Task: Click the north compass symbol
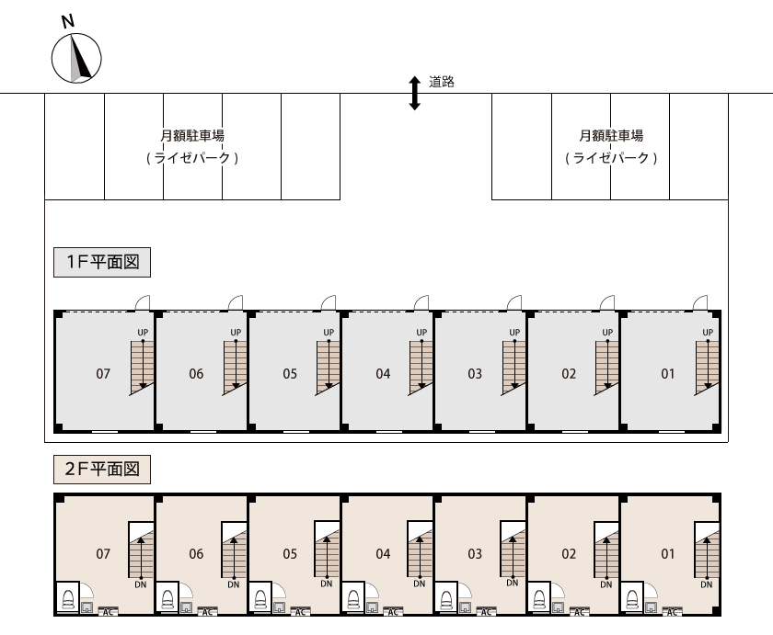pyautogui.click(x=75, y=56)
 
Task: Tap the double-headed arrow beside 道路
pyautogui.click(x=414, y=93)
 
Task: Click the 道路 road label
pyautogui.click(x=442, y=82)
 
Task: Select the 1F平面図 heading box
pyautogui.click(x=101, y=262)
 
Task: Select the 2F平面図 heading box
pyautogui.click(x=101, y=470)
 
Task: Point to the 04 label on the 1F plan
pyautogui.click(x=383, y=374)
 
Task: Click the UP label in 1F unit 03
pyautogui.click(x=514, y=333)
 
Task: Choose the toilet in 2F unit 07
pyautogui.click(x=67, y=599)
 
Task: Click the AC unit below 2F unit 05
pyautogui.click(x=300, y=611)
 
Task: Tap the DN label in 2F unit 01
pyautogui.click(x=706, y=584)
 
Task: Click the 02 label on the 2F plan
pyautogui.click(x=569, y=554)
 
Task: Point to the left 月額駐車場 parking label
pyautogui.click(x=192, y=136)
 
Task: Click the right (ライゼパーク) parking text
pyautogui.click(x=611, y=158)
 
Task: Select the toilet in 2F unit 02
pyautogui.click(x=537, y=599)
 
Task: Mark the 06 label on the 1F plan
pyautogui.click(x=196, y=374)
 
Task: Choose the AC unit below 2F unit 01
pyautogui.click(x=674, y=611)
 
